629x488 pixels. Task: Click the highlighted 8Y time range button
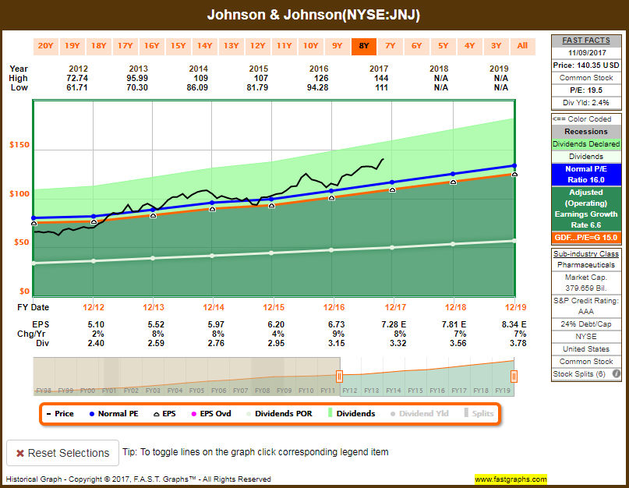(x=364, y=45)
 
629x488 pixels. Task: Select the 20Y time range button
(x=46, y=45)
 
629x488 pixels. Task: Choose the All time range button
(x=522, y=45)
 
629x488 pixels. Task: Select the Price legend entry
(x=60, y=413)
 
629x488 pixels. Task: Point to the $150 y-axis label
(x=19, y=145)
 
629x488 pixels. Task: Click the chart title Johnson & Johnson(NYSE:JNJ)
(x=314, y=15)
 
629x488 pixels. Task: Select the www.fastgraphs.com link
(x=511, y=479)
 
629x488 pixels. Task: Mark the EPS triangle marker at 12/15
(x=272, y=205)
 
